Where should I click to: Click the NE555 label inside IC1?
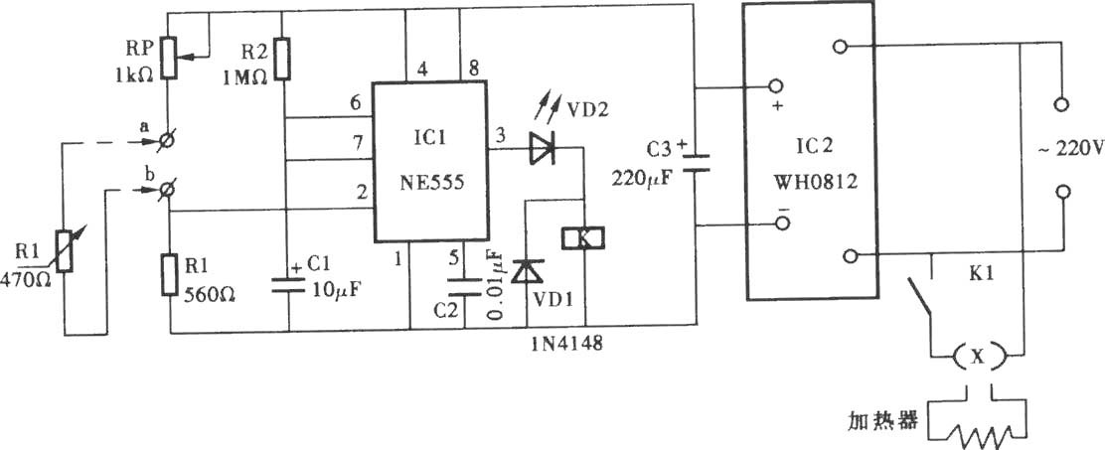[430, 183]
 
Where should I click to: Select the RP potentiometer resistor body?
[170, 58]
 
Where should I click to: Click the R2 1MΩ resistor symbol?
[282, 58]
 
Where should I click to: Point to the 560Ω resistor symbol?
[170, 275]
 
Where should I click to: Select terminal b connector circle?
[168, 189]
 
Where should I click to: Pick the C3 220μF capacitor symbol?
[696, 163]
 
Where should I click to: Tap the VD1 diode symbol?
[528, 272]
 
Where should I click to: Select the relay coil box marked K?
[583, 238]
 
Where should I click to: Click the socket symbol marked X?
[976, 358]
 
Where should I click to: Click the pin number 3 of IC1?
[501, 135]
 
